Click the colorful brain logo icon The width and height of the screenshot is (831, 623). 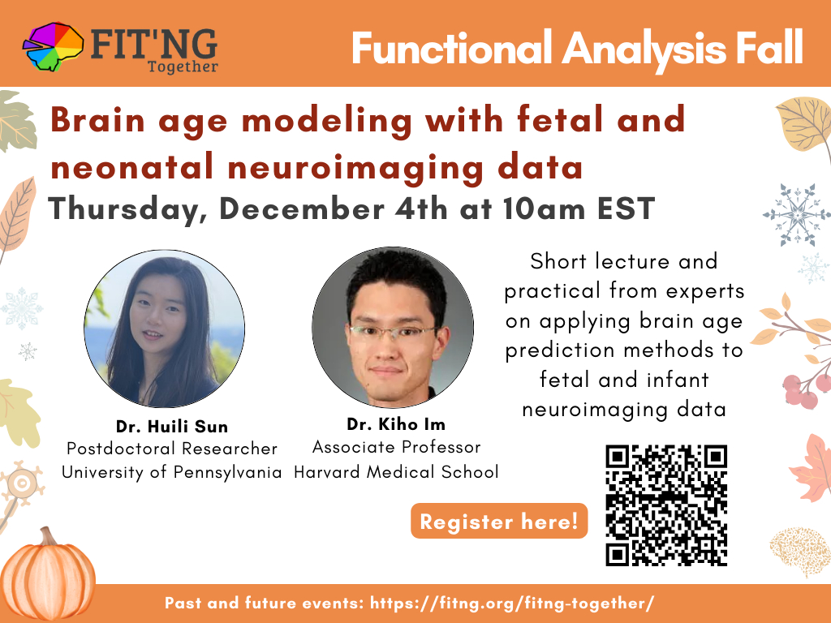pos(53,46)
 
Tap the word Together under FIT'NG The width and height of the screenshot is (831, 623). pos(183,67)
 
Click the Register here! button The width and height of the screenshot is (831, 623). pos(499,522)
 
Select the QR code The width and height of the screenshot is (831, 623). pos(666,505)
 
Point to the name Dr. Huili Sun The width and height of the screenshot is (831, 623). pos(172,427)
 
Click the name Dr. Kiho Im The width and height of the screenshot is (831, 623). pos(396,424)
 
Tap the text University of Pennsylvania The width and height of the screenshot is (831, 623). pos(172,472)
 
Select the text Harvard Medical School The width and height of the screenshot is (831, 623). pos(396,471)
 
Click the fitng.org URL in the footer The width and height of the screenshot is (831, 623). pos(512,603)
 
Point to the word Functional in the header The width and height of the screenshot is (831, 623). pos(452,48)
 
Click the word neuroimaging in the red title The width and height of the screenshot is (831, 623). pos(355,167)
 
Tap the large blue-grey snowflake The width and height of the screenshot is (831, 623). pos(797,214)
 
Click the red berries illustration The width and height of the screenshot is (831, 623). pos(806,390)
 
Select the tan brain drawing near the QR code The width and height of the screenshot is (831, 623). pos(800,551)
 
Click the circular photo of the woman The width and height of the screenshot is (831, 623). pos(164,329)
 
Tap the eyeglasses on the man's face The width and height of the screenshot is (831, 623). pos(392,332)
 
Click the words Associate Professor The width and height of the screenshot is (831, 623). pos(396,447)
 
